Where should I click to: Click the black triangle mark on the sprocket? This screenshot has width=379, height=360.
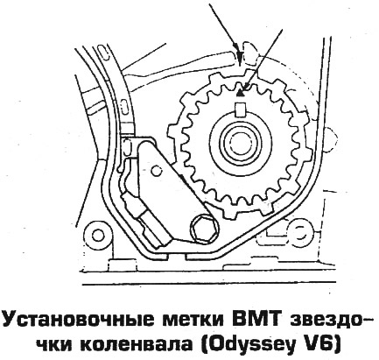click(240, 94)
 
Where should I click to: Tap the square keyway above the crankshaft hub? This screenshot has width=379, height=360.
click(240, 110)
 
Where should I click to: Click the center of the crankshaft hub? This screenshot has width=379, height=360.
click(240, 143)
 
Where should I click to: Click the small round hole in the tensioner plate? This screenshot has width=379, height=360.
click(156, 170)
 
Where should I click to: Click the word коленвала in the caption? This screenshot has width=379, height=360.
click(136, 345)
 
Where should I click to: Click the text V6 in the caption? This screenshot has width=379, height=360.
click(326, 344)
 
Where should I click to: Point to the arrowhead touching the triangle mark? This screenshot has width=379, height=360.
click(244, 87)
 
